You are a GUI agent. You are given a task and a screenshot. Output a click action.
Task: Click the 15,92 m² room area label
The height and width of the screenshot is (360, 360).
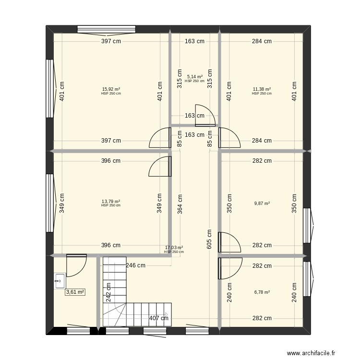click(111, 89)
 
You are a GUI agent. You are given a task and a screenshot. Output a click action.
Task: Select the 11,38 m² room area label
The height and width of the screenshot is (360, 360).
click(262, 89)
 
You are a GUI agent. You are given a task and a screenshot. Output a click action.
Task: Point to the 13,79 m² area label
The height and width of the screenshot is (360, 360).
click(111, 202)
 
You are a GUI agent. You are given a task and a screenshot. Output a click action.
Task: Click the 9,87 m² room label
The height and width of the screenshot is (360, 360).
click(262, 204)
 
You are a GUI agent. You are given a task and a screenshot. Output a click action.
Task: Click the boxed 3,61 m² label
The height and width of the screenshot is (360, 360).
click(75, 292)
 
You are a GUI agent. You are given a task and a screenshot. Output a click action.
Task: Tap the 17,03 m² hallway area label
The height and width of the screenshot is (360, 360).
click(174, 248)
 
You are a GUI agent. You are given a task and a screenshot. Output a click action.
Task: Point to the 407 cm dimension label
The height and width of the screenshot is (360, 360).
click(159, 318)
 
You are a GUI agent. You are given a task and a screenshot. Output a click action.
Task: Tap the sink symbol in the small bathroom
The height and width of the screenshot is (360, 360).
click(60, 279)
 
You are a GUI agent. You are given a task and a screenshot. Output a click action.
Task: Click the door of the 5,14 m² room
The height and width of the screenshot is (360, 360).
click(202, 114)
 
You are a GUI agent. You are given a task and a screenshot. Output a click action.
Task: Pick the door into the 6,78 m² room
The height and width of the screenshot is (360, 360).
click(229, 268)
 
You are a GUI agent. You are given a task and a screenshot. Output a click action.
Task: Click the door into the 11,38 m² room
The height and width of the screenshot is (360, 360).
click(229, 138)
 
